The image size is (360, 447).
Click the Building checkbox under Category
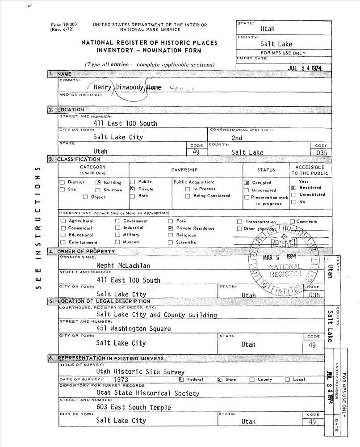(x=98, y=182)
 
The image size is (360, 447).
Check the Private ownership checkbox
(x=132, y=189)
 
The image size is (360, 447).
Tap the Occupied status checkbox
(x=247, y=183)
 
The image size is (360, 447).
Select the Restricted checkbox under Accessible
(x=293, y=188)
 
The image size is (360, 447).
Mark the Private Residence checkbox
(x=170, y=228)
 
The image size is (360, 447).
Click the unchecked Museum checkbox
(x=118, y=242)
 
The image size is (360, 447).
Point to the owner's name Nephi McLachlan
(x=123, y=266)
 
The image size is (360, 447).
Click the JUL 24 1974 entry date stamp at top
(x=305, y=68)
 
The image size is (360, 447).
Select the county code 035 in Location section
(x=321, y=152)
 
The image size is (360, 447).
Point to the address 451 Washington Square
(x=133, y=329)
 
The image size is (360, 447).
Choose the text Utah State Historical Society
(x=147, y=393)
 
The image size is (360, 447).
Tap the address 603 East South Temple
(x=134, y=407)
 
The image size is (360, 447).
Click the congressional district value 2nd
(x=237, y=138)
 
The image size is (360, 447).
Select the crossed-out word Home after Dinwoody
(x=154, y=88)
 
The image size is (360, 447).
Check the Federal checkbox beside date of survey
(x=181, y=380)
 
